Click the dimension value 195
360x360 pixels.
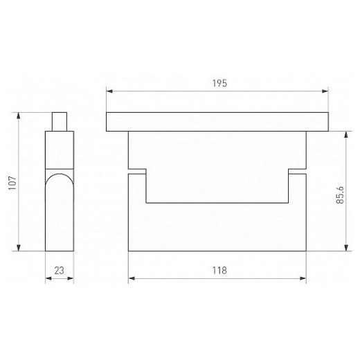219,83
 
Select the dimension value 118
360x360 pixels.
219,270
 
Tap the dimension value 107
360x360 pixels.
12,183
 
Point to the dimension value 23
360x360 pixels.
59,271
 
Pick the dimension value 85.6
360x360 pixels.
340,195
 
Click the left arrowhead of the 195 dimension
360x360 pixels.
109,91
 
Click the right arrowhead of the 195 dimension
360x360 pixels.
325,91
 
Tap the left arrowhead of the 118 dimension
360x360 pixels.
132,278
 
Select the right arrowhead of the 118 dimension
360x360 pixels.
303,278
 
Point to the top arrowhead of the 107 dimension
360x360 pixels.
19,116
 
